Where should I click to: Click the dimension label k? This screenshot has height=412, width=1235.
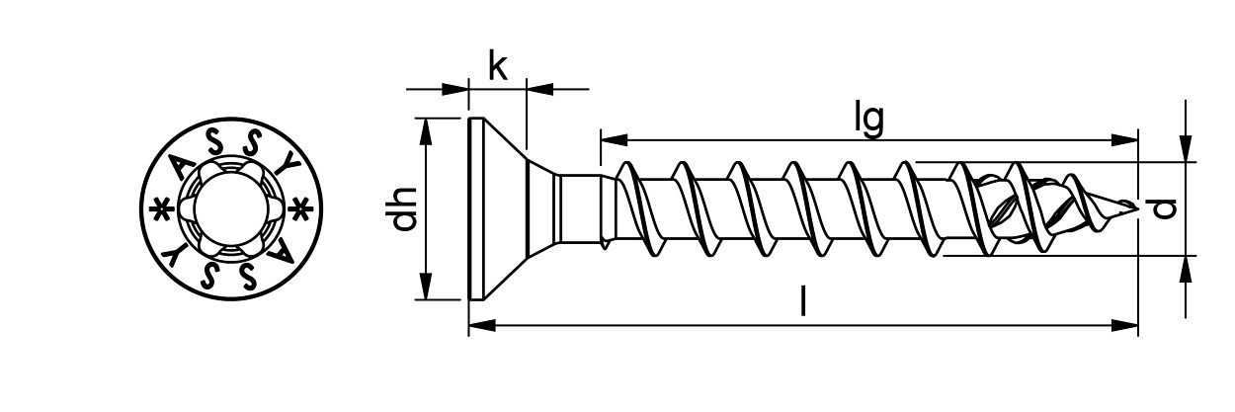click(x=498, y=67)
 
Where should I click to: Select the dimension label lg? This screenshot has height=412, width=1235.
click(x=868, y=119)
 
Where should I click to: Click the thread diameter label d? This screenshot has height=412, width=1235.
click(x=1166, y=207)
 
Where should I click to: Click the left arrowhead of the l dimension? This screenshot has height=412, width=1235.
click(x=478, y=323)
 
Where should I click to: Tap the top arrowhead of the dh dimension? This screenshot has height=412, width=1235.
click(x=426, y=127)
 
